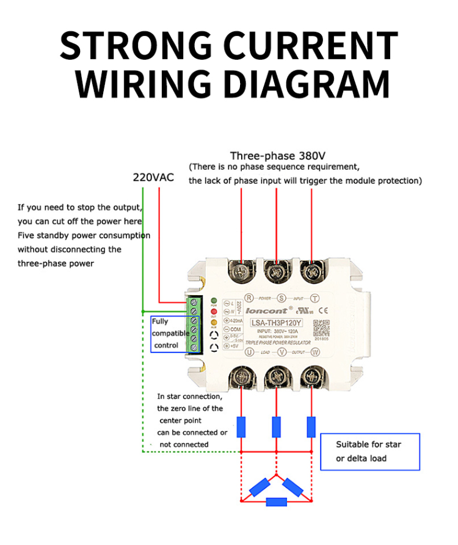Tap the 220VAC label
(x=153, y=178)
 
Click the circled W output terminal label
(x=315, y=353)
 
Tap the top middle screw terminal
(x=278, y=269)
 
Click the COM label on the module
(x=235, y=329)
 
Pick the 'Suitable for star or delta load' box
(x=369, y=452)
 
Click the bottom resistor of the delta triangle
(x=277, y=502)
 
